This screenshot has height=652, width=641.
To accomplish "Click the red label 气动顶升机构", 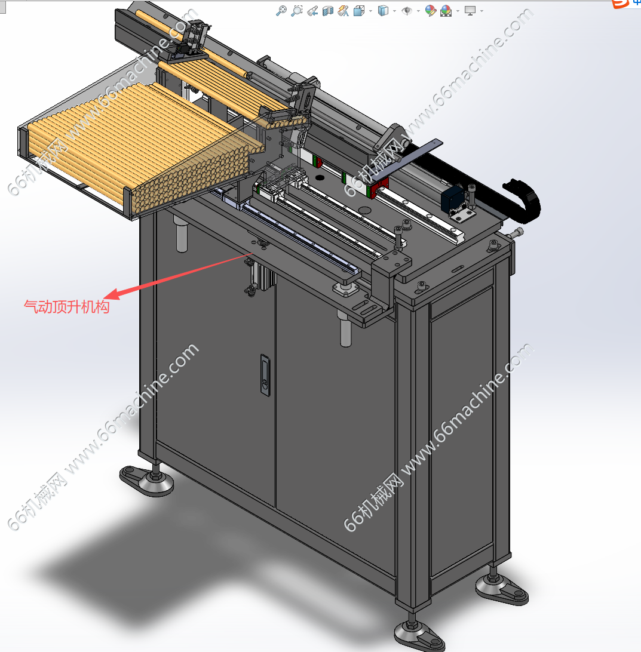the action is pyautogui.click(x=66, y=307).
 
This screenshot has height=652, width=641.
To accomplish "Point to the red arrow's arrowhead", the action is pyautogui.click(x=112, y=294).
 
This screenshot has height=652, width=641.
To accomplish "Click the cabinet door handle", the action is pyautogui.click(x=265, y=374).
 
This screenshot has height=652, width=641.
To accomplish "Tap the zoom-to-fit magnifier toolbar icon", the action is pyautogui.click(x=281, y=10).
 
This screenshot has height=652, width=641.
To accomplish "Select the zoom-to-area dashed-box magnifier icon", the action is pyautogui.click(x=296, y=10).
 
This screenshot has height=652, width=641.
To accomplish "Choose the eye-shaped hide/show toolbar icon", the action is pyautogui.click(x=406, y=11).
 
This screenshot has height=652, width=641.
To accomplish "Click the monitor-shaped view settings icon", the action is pyautogui.click(x=470, y=10).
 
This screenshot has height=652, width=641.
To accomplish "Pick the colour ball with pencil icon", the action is pyautogui.click(x=431, y=10).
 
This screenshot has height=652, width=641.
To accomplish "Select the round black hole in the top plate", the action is pyautogui.click(x=320, y=177).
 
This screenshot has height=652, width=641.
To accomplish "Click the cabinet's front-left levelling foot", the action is pyautogui.click(x=148, y=479).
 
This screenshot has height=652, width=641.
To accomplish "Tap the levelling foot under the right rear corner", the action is pyautogui.click(x=502, y=586).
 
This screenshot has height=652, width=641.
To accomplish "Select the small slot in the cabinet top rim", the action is pyautogui.click(x=458, y=269).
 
